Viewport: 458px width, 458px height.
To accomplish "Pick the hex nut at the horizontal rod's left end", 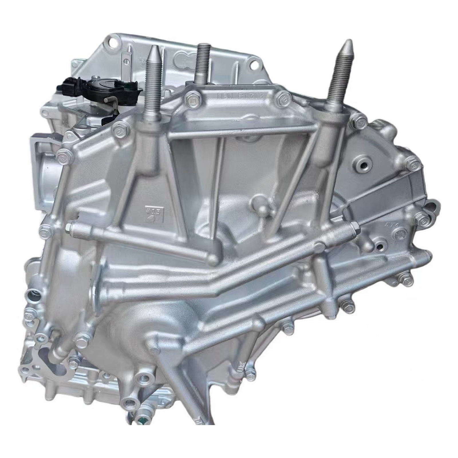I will click(x=69, y=228).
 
